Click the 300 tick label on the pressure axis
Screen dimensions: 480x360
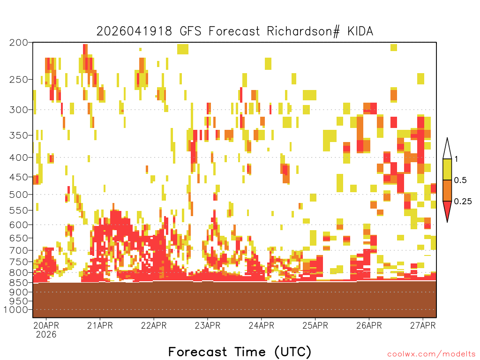(18, 110)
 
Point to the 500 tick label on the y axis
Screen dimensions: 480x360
(18, 195)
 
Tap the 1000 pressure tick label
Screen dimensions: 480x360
(16, 310)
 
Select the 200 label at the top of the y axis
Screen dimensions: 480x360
(18, 43)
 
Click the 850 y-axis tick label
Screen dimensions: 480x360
(18, 282)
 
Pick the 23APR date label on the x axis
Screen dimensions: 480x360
(208, 325)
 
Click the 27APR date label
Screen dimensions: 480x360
(423, 325)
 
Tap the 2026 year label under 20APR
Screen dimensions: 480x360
(46, 335)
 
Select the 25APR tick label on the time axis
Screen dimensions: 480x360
(315, 325)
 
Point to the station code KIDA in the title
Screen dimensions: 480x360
(360, 31)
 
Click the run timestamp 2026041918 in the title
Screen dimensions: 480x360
(134, 31)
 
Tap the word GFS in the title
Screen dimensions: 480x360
(190, 31)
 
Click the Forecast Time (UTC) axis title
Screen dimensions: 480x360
(240, 352)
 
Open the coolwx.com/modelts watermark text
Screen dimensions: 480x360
(431, 354)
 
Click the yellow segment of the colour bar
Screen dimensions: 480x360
(447, 169)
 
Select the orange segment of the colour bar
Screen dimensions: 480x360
(447, 190)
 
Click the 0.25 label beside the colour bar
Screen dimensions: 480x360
(463, 202)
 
